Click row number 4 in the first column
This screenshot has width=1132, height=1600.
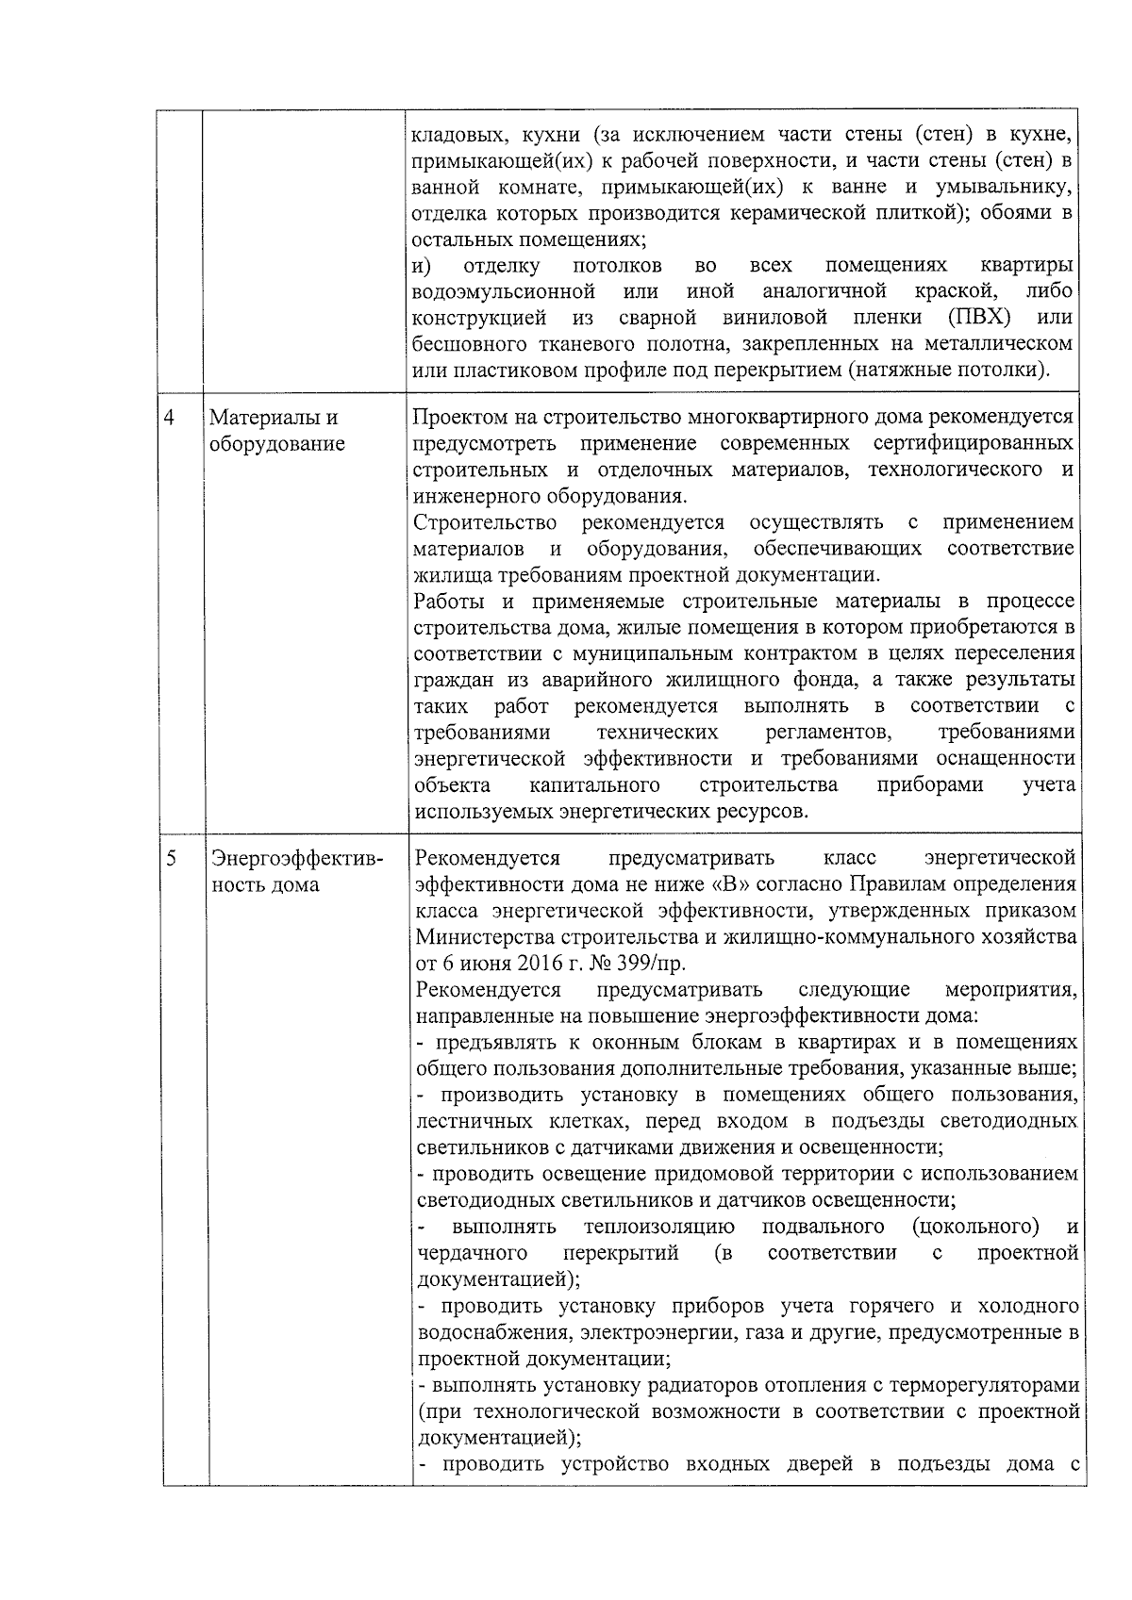[x=170, y=417]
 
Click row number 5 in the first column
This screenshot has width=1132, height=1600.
[x=171, y=858]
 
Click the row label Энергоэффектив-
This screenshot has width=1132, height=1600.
[x=297, y=858]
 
